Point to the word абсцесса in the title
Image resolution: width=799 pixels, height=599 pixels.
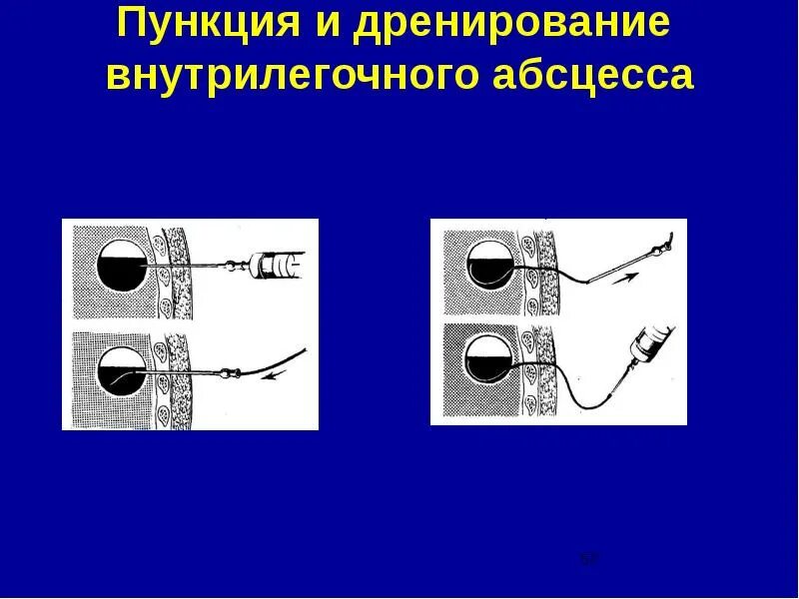(589, 77)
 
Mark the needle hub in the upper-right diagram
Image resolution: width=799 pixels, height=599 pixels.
(656, 246)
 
